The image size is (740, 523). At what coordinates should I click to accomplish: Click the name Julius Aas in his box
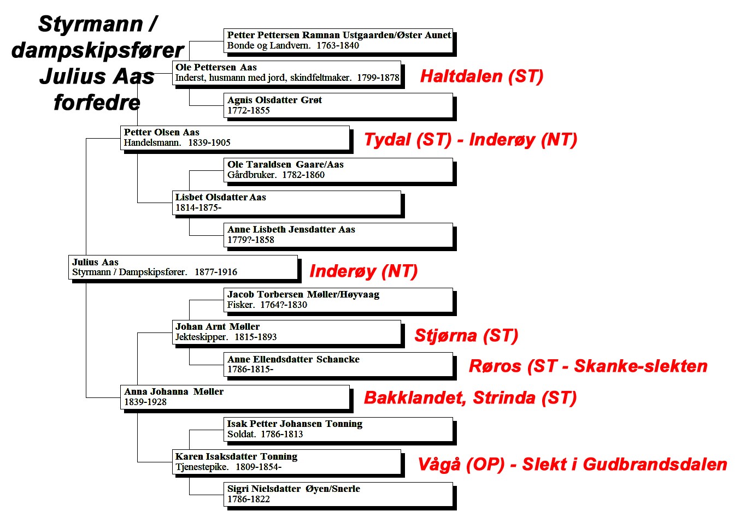[x=95, y=262]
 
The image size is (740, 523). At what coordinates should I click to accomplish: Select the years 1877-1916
[x=216, y=272]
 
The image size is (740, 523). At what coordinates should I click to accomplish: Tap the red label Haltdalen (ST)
[x=481, y=76]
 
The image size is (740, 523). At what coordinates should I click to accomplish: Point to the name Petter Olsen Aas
[x=162, y=132]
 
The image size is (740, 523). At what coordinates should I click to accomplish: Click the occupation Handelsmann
[x=152, y=142]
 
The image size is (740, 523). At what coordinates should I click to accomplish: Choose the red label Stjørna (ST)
[x=466, y=336]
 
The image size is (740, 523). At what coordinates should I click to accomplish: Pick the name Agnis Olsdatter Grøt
[x=274, y=100]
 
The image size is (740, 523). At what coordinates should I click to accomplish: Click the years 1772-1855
[x=249, y=110]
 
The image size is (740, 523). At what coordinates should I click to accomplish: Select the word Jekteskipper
[x=202, y=337]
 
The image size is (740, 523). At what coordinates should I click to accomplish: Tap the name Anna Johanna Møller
[x=174, y=391]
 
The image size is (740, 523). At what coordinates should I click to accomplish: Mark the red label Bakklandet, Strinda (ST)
[x=470, y=397]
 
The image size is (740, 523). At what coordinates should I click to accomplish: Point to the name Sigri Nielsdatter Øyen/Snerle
[x=293, y=489]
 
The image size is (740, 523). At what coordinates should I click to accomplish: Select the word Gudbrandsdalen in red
[x=655, y=464]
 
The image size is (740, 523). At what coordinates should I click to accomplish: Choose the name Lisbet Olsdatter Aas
[x=220, y=197]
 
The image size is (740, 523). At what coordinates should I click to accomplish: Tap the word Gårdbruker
[x=252, y=175]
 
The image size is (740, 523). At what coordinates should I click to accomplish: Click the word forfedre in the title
[x=97, y=103]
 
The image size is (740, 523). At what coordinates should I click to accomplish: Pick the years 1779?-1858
[x=251, y=240]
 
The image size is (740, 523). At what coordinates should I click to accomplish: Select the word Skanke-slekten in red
[x=641, y=366]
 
